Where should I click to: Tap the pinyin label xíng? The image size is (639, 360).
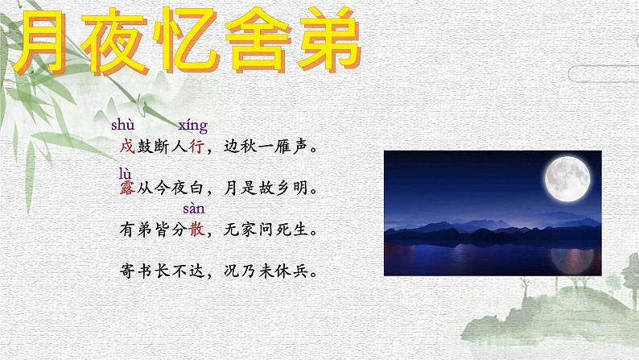click(193, 126)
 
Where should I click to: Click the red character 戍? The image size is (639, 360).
click(125, 148)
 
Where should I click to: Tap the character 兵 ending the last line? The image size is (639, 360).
click(301, 271)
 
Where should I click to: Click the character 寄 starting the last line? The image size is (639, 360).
click(125, 271)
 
